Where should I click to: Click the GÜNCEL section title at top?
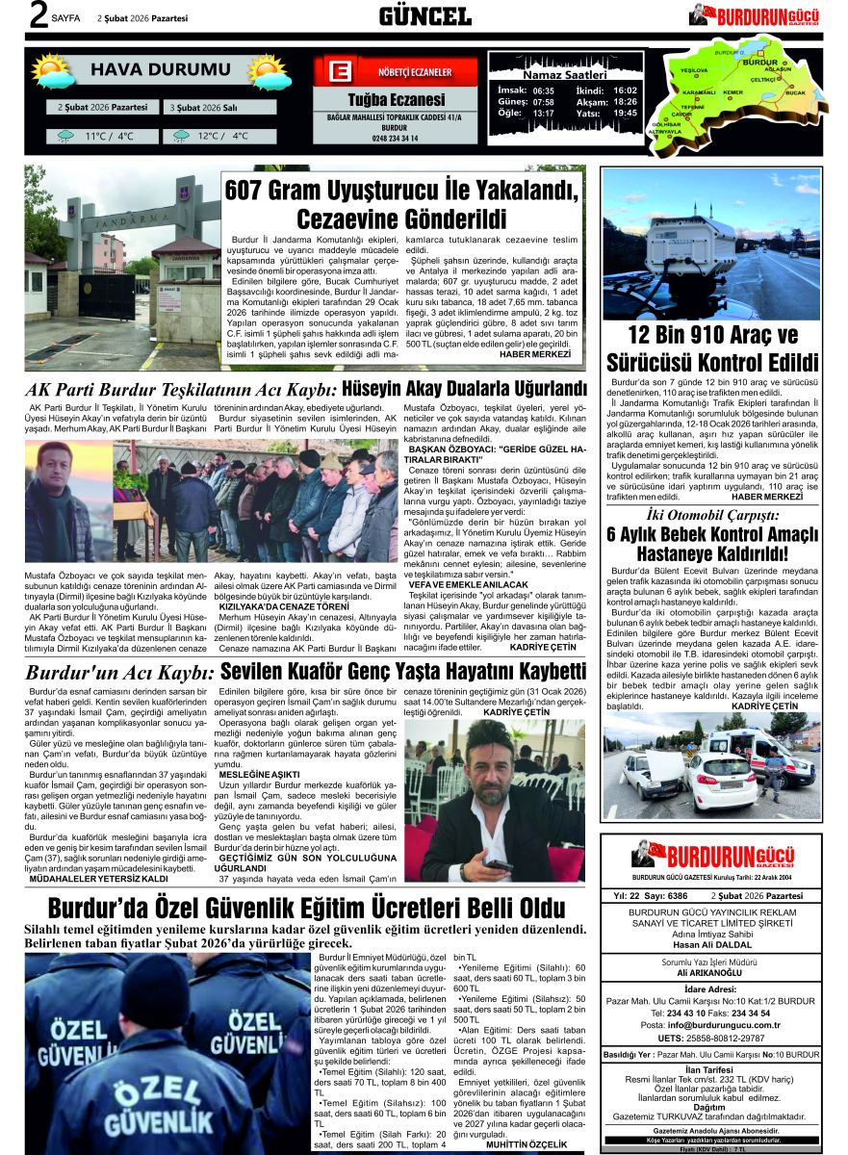(x=424, y=16)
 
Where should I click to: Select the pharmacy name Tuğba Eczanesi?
(x=396, y=100)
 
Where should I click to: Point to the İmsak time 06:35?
(x=543, y=90)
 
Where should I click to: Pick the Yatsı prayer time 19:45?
(x=625, y=114)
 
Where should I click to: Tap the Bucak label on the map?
(x=795, y=93)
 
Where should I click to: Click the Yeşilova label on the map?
(x=694, y=71)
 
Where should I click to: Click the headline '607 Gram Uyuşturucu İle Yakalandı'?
(x=402, y=192)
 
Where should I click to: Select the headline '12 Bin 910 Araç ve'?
(x=712, y=337)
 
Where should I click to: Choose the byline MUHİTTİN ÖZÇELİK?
(x=534, y=1144)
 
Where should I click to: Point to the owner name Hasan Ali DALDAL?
(x=711, y=945)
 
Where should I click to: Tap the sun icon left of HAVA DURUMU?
(x=53, y=71)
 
